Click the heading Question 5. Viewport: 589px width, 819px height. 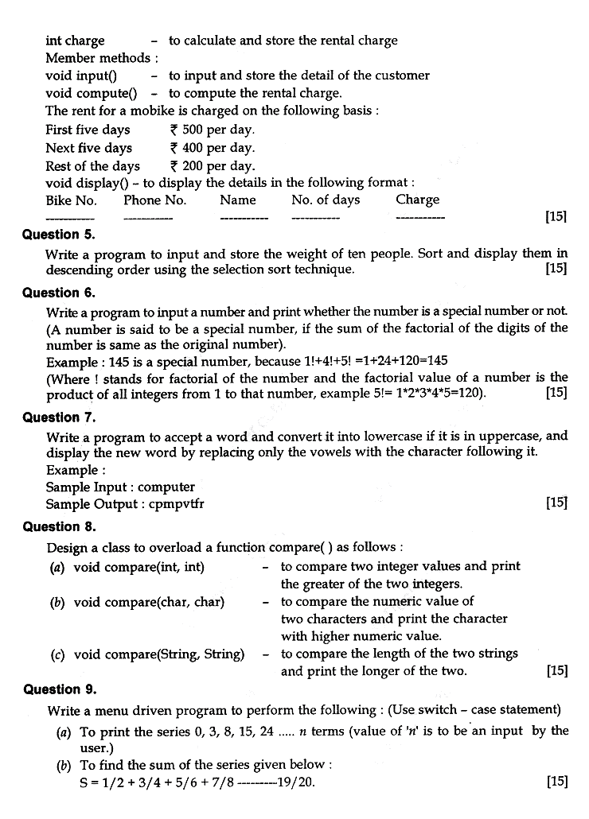[x=58, y=235]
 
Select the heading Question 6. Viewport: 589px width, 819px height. [x=58, y=293]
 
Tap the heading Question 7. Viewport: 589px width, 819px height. [x=58, y=417]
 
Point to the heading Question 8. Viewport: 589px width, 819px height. [x=58, y=526]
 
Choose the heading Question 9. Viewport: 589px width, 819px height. [x=60, y=689]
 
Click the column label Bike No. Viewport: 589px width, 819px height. [x=71, y=200]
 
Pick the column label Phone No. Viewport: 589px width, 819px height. [x=154, y=200]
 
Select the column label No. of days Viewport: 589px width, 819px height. [x=326, y=200]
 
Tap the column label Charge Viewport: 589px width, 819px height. [x=417, y=200]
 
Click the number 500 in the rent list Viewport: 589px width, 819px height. [x=193, y=130]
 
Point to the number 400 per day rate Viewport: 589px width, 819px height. [x=193, y=148]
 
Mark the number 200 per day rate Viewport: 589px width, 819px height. [x=193, y=166]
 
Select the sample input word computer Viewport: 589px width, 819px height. [x=166, y=487]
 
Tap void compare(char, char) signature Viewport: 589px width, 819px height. [x=149, y=602]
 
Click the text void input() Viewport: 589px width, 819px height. [x=81, y=76]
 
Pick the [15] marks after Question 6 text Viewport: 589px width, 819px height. [x=556, y=393]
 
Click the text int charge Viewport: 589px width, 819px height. [x=75, y=41]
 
